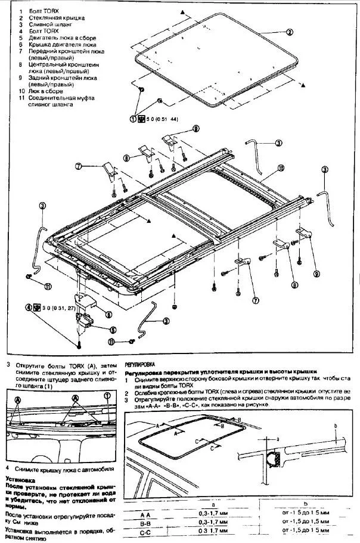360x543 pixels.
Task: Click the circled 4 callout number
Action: pos(27,308)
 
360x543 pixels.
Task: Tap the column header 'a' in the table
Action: pos(213,504)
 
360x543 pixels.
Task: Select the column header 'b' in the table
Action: pos(306,504)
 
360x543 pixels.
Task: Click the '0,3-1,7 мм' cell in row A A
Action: pos(213,513)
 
